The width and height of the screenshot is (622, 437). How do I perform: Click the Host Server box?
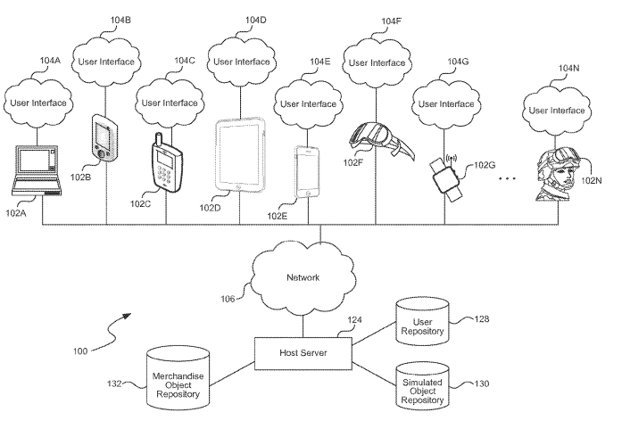coord(303,352)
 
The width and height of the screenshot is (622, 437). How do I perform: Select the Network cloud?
coord(303,277)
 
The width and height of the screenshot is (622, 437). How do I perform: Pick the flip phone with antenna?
coord(164,162)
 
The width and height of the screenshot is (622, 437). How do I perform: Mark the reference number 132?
coord(114,383)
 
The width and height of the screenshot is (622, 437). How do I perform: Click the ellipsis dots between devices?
coord(507,178)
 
